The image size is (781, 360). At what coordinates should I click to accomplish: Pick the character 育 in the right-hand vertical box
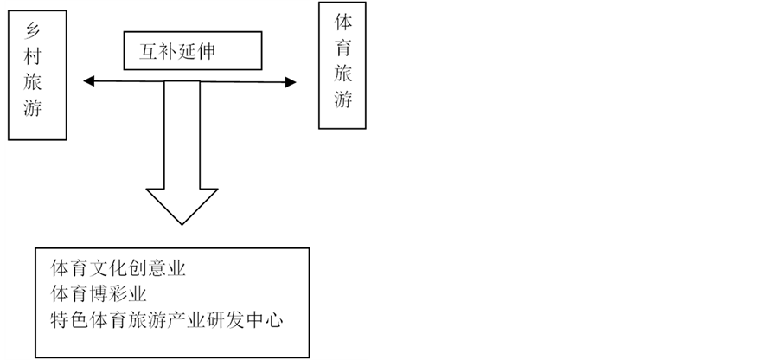point(342,49)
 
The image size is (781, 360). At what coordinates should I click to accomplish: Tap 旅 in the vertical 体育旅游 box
point(342,75)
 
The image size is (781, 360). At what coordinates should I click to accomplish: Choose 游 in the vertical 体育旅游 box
point(342,100)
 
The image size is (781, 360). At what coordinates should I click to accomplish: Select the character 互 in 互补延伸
point(150,52)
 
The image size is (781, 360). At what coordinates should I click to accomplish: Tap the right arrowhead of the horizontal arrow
point(291,82)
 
